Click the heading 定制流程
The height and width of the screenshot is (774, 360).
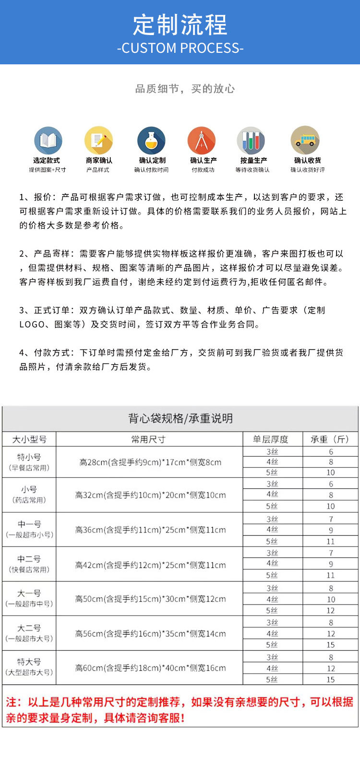click(x=180, y=25)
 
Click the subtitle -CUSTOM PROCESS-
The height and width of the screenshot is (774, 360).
click(x=180, y=48)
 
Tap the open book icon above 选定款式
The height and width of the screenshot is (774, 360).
click(x=48, y=141)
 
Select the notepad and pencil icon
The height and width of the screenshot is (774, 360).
click(x=99, y=141)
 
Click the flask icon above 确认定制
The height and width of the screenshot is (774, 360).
click(x=151, y=141)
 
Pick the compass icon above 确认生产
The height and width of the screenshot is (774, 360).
click(x=202, y=141)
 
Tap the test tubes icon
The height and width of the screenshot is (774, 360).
click(x=251, y=141)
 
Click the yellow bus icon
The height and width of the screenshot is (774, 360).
click(x=305, y=141)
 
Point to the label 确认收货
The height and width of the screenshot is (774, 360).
click(x=308, y=160)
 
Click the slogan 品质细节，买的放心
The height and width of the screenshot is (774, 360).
click(x=185, y=89)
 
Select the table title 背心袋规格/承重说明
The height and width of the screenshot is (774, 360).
click(x=180, y=418)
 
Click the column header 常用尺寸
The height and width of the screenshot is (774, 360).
click(x=149, y=439)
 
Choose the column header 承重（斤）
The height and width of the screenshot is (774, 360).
click(x=330, y=439)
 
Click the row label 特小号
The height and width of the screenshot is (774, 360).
click(x=29, y=457)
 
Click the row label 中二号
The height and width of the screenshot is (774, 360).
click(x=29, y=559)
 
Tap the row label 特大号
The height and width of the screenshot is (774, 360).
click(x=29, y=662)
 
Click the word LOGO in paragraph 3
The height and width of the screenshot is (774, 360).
click(x=32, y=325)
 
